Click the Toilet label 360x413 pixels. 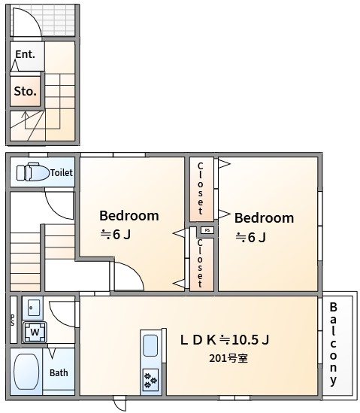(x=61, y=173)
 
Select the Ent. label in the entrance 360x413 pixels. (x=25, y=55)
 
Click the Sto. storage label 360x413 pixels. (x=25, y=93)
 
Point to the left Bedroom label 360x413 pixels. (x=129, y=216)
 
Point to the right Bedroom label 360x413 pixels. (x=264, y=218)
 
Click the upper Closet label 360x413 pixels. (x=201, y=187)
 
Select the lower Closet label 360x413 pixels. (x=201, y=263)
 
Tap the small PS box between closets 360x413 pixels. (x=207, y=230)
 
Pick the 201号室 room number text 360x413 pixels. (x=228, y=358)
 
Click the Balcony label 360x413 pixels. (x=333, y=344)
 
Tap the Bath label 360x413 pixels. (x=59, y=372)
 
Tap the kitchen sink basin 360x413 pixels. (x=150, y=347)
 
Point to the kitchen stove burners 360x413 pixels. (x=150, y=379)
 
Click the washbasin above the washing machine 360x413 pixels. (x=32, y=307)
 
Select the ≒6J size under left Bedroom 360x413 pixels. (x=116, y=234)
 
